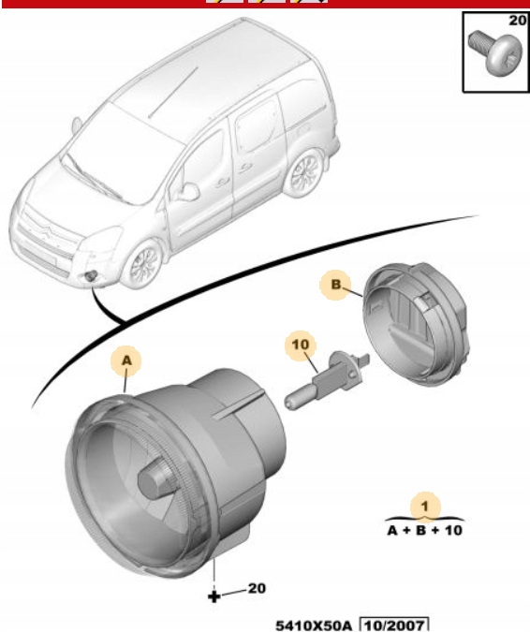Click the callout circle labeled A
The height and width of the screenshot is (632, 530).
tap(126, 360)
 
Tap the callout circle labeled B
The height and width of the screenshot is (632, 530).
tap(335, 285)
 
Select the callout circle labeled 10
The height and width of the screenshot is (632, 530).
tap(301, 345)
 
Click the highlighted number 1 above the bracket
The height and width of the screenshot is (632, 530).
tap(425, 507)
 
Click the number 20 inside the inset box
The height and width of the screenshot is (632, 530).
tap(517, 21)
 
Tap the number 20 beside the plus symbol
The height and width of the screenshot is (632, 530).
tap(257, 589)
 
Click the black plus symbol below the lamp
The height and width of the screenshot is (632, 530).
tap(214, 596)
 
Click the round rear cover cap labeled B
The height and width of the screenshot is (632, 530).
tap(416, 324)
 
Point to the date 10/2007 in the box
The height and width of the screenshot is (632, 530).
tap(393, 625)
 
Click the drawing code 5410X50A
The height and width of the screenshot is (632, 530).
tap(314, 625)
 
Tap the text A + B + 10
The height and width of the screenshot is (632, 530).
tap(424, 531)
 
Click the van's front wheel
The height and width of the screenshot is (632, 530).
tap(143, 264)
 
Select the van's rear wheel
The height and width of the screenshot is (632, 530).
tap(303, 172)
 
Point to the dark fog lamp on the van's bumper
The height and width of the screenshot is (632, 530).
tap(90, 276)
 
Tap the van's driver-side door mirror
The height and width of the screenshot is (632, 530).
tap(188, 191)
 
